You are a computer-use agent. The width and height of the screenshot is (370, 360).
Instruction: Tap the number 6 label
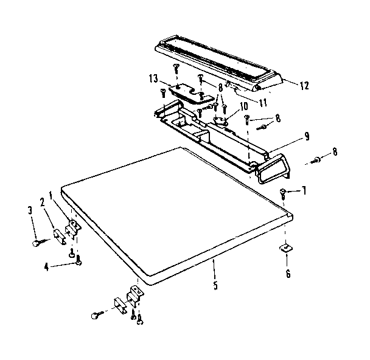[288, 273]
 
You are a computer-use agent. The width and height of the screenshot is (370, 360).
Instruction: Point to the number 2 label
[43, 201]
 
